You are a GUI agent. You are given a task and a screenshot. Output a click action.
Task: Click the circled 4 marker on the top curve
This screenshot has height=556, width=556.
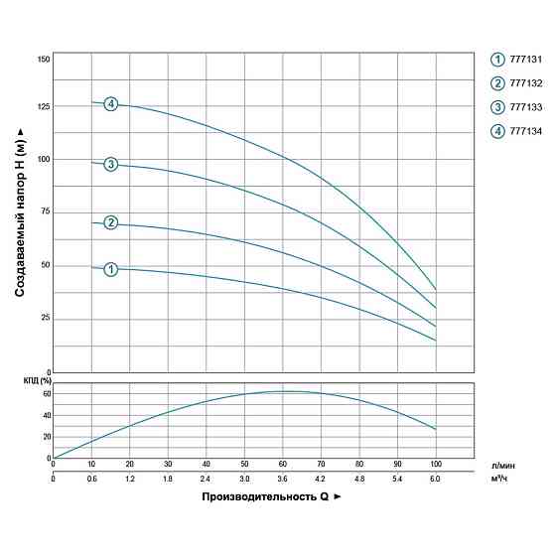click(x=111, y=104)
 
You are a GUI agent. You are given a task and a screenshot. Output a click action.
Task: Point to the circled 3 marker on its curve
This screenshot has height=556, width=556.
click(x=111, y=164)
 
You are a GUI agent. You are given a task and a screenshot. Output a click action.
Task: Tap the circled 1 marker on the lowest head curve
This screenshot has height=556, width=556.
click(x=111, y=269)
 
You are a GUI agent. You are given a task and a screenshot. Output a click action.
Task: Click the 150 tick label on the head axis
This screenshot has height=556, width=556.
click(x=43, y=60)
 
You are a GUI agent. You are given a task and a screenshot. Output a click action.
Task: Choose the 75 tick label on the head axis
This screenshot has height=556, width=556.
click(x=43, y=211)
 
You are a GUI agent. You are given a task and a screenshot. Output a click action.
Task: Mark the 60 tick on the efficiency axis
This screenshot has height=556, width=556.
click(x=44, y=394)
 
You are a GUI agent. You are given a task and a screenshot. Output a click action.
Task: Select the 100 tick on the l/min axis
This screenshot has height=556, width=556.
click(x=435, y=464)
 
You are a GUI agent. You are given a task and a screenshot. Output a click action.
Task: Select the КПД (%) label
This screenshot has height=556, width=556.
click(x=37, y=381)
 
